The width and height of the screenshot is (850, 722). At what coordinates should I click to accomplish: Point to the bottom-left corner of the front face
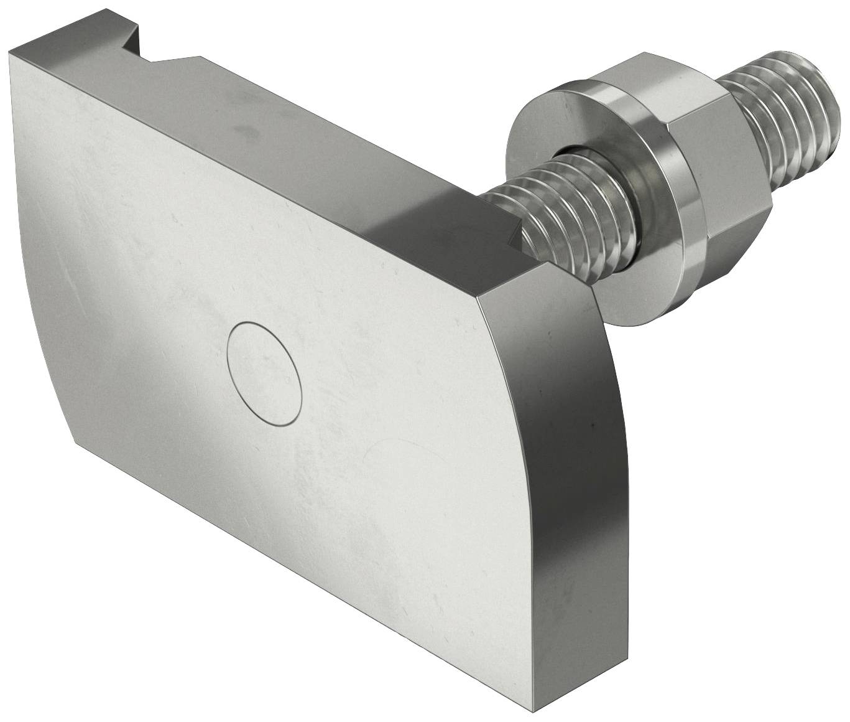[76, 443]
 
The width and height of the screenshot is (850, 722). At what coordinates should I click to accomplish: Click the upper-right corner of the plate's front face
[482, 298]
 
